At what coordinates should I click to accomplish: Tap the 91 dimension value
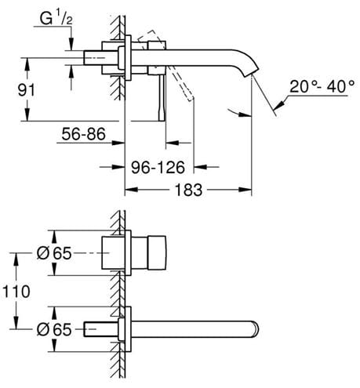[x=26, y=90]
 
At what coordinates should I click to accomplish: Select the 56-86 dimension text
[x=83, y=134]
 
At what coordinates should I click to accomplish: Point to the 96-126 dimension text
[x=158, y=167]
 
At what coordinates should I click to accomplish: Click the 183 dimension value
[x=188, y=190]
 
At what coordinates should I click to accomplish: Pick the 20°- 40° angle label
[x=322, y=86]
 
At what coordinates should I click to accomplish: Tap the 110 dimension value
[x=16, y=292]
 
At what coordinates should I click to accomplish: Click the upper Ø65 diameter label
[x=54, y=253]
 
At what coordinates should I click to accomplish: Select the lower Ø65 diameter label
[x=54, y=329]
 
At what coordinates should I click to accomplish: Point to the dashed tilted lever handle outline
[x=166, y=65]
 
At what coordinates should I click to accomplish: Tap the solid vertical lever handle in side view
[x=162, y=97]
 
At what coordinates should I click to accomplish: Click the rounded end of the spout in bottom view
[x=256, y=328]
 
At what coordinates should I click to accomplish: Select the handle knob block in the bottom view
[x=157, y=252]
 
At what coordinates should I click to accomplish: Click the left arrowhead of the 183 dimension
[x=131, y=190]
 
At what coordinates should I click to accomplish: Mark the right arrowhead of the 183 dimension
[x=245, y=190]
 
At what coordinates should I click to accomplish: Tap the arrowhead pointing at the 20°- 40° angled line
[x=279, y=105]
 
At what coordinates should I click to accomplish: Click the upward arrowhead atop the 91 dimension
[x=26, y=63]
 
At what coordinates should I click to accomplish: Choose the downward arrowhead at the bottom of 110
[x=16, y=322]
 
